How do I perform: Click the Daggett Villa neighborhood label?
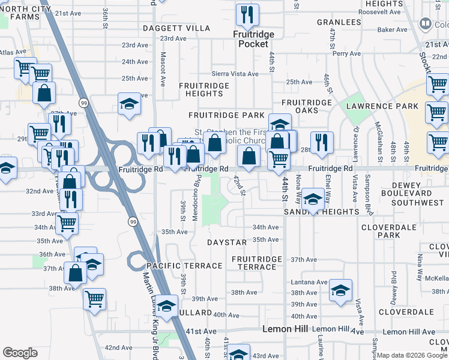pos(176,28)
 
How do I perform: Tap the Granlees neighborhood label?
pos(339,23)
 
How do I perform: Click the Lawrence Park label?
pos(382,106)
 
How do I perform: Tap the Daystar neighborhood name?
pos(227,242)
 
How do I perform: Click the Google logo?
pos(20,353)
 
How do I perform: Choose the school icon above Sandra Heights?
pos(313,198)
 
